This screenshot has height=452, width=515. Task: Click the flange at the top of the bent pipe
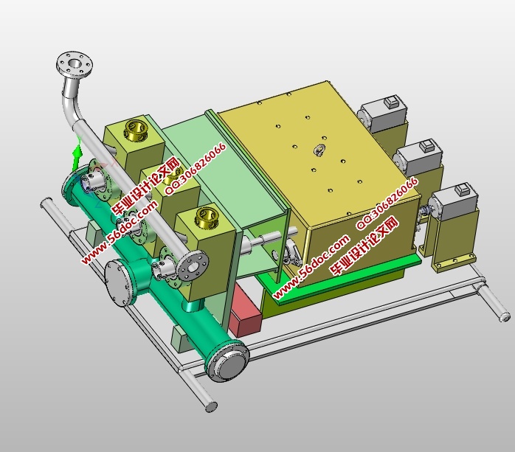(x=75, y=64)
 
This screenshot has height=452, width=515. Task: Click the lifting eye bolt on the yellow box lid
(x=319, y=150)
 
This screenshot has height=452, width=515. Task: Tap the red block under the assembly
(x=246, y=310)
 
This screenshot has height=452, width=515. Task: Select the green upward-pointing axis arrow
(x=77, y=156)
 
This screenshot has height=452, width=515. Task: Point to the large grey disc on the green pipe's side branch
(x=118, y=282)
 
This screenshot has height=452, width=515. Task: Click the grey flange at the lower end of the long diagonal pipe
(x=193, y=265)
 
